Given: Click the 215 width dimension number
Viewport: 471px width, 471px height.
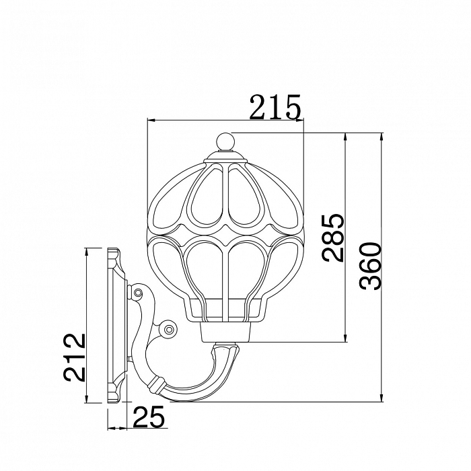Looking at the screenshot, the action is (275, 107).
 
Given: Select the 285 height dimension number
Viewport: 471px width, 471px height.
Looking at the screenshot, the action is (332, 238).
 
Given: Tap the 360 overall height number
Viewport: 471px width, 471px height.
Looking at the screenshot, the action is (370, 266).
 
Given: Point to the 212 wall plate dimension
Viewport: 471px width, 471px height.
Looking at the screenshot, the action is (74, 357).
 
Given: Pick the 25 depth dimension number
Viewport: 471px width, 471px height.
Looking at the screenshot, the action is (149, 416).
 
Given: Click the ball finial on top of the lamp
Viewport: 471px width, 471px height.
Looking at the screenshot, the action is (225, 141).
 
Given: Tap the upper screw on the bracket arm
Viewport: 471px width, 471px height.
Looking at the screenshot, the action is (138, 292).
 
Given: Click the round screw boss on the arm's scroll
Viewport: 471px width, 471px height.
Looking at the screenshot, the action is (169, 330).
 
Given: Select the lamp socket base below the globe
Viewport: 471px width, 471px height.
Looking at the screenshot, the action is (225, 332).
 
